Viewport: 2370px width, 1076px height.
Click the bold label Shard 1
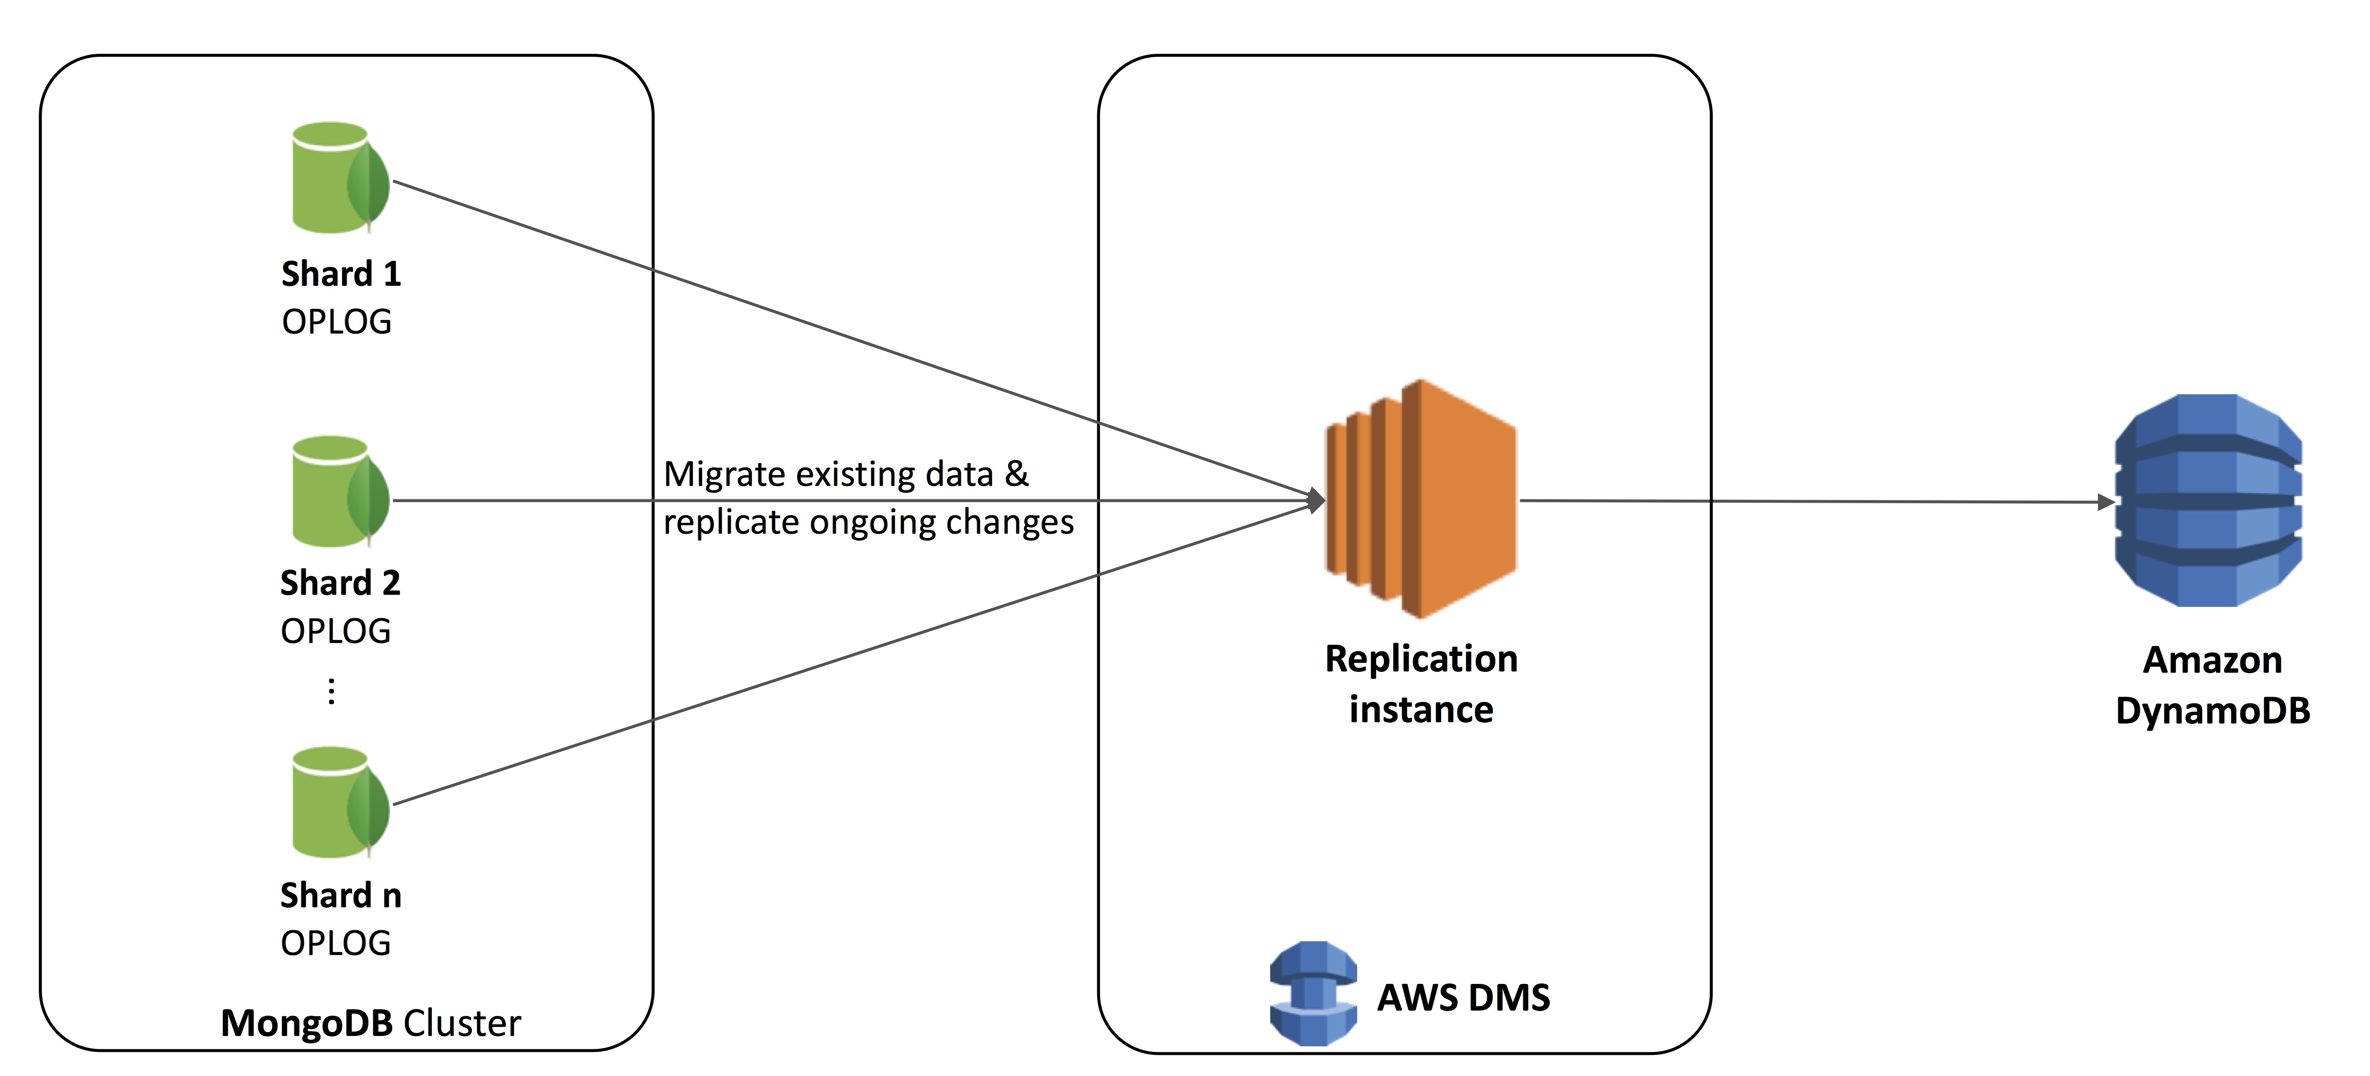coord(340,274)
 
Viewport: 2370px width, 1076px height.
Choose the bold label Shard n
coord(340,895)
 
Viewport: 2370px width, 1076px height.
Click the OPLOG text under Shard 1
coord(337,322)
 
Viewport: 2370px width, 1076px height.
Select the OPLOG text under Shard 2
coord(336,631)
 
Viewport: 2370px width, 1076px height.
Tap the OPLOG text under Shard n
coord(336,943)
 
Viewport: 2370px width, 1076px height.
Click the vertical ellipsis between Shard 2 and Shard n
coord(331,691)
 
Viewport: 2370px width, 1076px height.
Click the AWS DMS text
coord(1463,998)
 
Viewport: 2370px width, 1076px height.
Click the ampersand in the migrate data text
coord(1016,473)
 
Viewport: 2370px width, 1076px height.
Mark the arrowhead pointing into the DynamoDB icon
coord(2105,502)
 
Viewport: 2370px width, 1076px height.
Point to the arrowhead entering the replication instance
coord(1317,500)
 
